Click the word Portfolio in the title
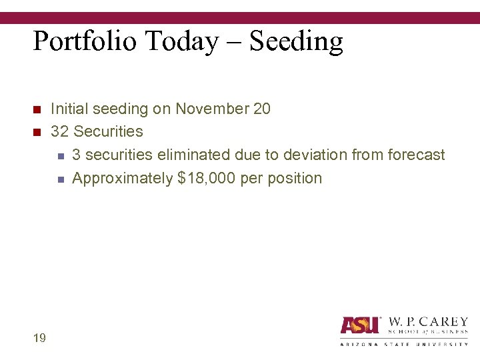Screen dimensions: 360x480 point(86,42)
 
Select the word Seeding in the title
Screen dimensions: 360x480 point(296,42)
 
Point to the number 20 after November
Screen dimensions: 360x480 point(262,109)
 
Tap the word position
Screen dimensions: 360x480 point(294,178)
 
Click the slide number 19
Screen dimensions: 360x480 point(39,338)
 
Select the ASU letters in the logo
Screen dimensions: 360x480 point(360,325)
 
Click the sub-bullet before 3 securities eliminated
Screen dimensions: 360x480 point(59,156)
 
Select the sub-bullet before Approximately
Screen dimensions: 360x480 point(59,179)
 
